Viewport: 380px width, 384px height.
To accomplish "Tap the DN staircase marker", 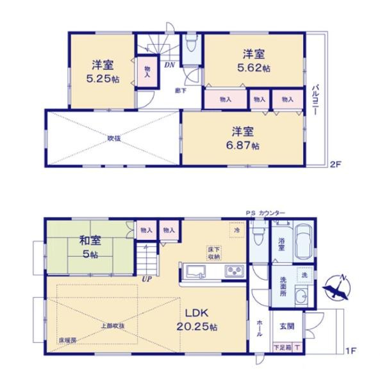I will click(x=170, y=65).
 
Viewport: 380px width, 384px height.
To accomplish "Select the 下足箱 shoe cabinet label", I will click(x=281, y=346).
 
